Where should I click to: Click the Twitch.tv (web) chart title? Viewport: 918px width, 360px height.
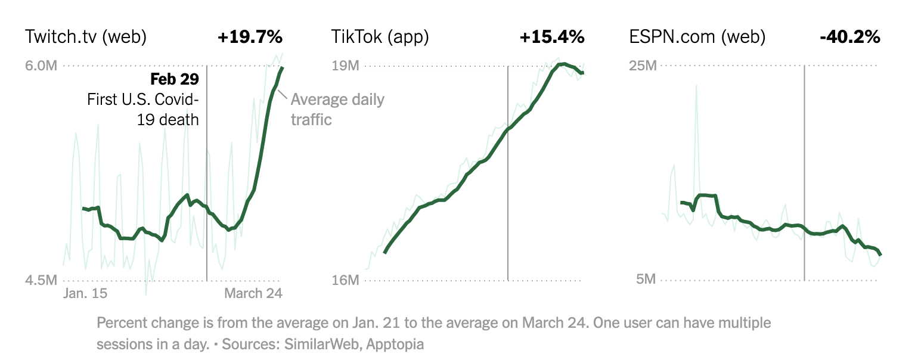(x=86, y=37)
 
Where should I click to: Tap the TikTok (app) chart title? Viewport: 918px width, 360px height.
(x=380, y=37)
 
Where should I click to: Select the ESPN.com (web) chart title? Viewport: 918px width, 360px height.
(x=697, y=37)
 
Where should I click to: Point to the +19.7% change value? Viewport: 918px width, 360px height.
(x=250, y=37)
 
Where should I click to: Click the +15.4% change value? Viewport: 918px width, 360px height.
(x=552, y=37)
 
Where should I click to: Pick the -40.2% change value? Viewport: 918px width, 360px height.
(x=850, y=37)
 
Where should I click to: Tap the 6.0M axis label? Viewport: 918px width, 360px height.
(x=41, y=66)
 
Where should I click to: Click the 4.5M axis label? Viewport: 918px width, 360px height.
(x=41, y=280)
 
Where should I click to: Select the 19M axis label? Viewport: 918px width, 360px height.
(x=345, y=66)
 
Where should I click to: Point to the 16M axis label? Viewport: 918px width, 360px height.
(x=345, y=280)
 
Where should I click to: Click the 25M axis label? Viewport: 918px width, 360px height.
(x=643, y=66)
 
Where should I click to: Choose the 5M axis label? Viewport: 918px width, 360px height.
(x=646, y=280)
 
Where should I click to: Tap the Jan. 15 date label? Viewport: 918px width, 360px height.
(x=85, y=293)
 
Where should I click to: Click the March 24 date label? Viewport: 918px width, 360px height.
(x=253, y=293)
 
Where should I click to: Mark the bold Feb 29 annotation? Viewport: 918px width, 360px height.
(x=174, y=79)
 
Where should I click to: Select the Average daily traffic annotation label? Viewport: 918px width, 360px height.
(x=337, y=109)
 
